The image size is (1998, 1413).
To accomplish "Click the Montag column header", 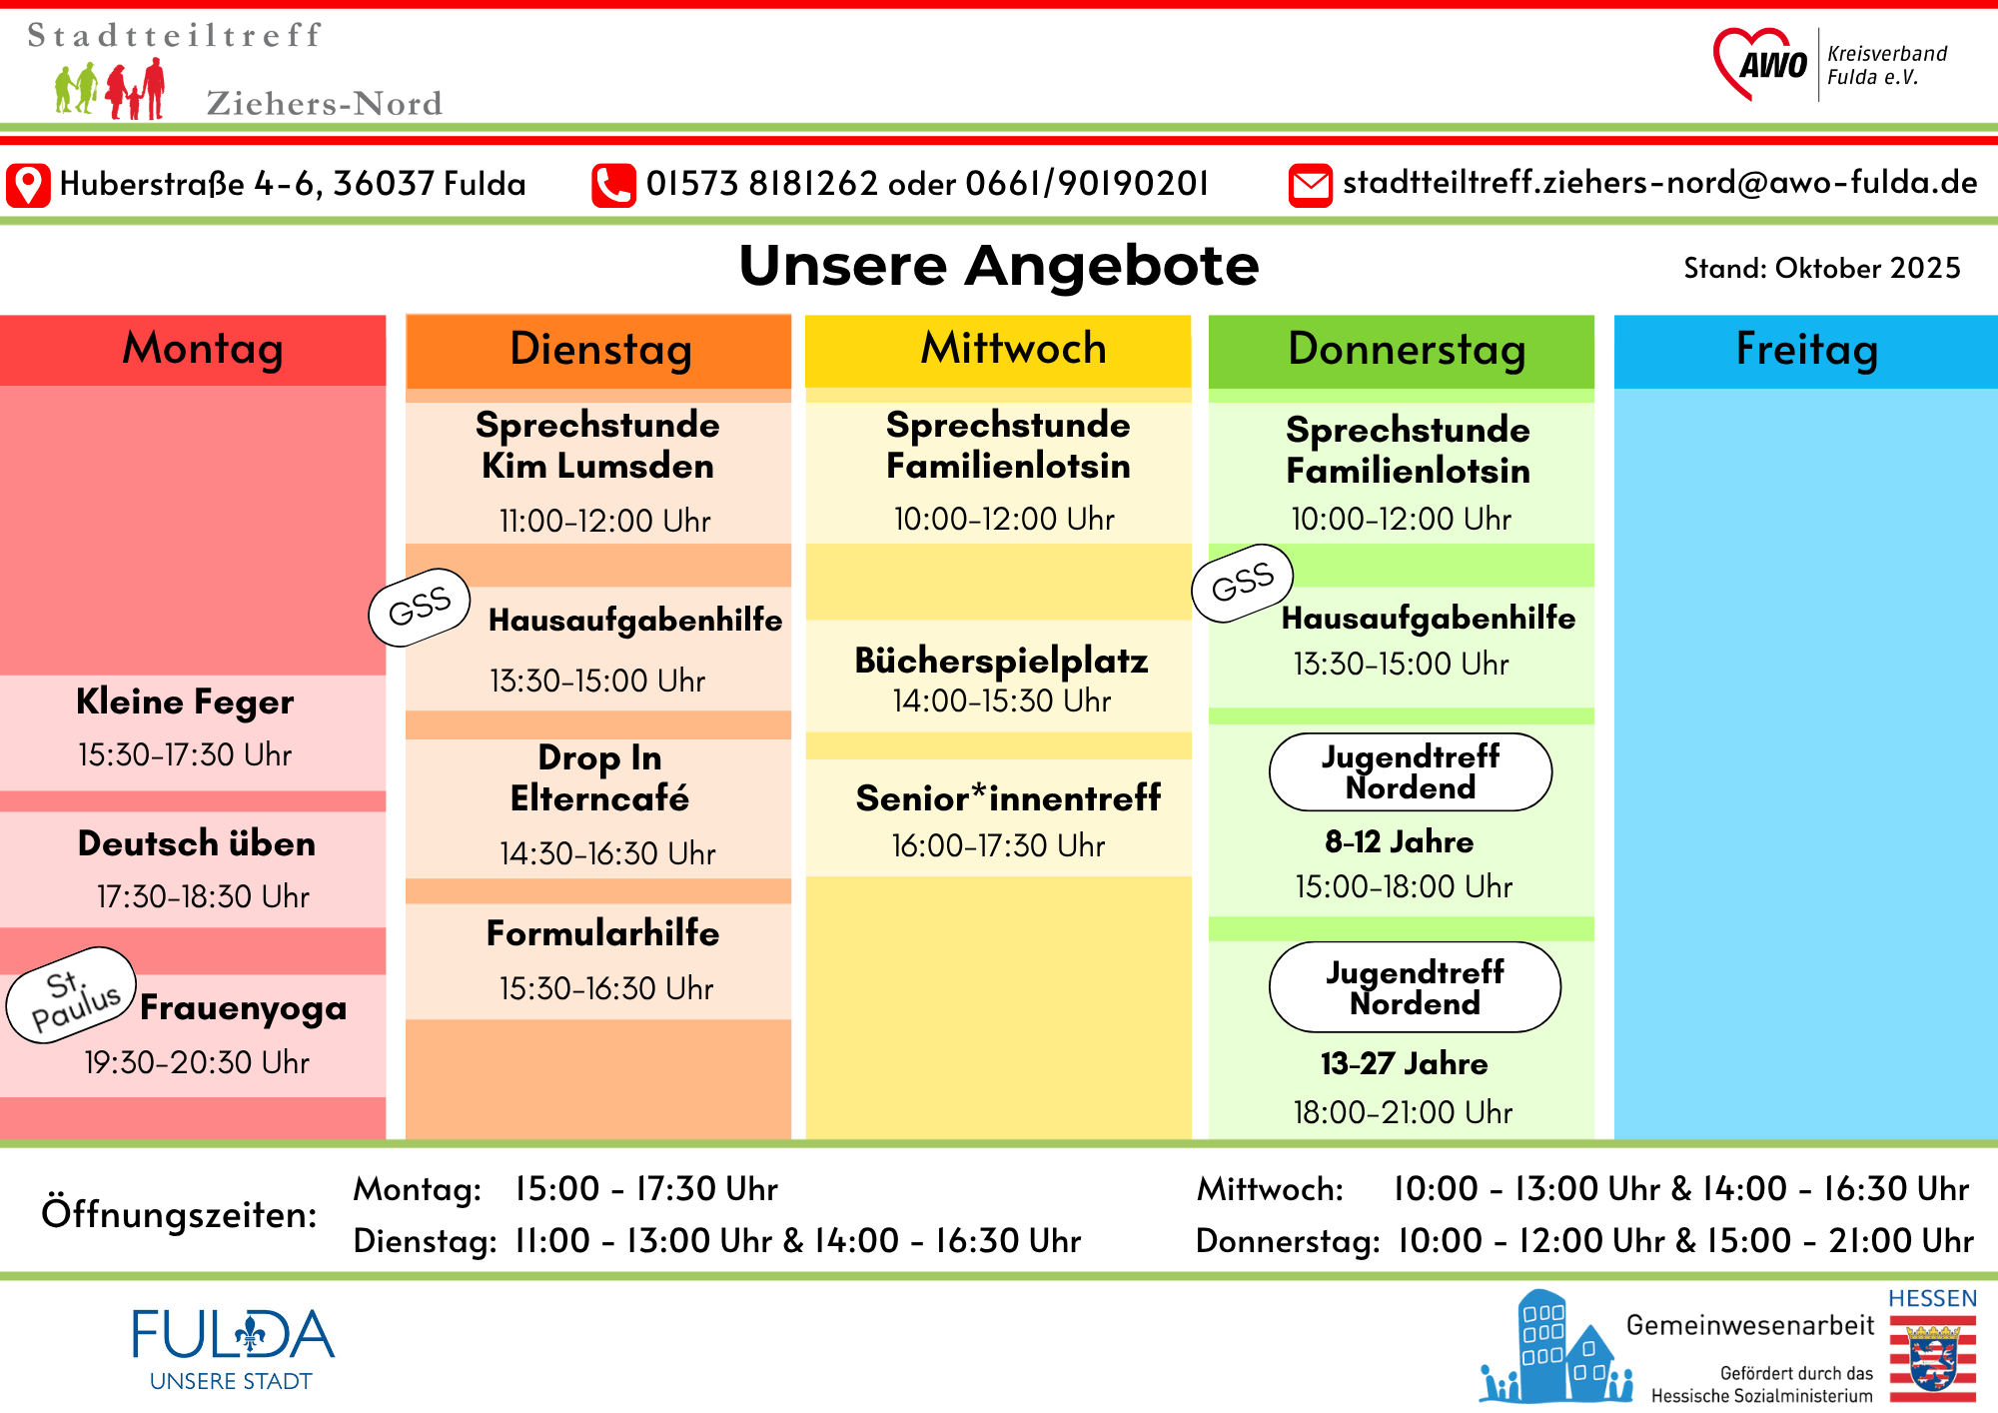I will [203, 350].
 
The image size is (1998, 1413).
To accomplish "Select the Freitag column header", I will [1806, 350].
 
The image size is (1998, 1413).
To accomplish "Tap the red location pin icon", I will [28, 186].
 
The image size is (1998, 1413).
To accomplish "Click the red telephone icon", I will [613, 186].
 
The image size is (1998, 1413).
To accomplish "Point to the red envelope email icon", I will [1310, 186].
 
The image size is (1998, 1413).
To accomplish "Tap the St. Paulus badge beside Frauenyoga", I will [72, 995].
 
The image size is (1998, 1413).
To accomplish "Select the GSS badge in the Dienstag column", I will [420, 607].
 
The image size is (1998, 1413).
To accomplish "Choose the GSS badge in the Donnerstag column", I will [1243, 583].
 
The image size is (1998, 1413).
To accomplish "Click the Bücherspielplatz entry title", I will [1001, 661].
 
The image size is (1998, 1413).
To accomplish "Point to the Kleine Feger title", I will [185, 702].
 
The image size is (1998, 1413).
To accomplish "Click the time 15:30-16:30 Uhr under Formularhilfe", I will [606, 988].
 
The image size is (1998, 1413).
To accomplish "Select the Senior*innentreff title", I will [1008, 797].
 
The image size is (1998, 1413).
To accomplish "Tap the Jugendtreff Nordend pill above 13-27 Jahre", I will [1415, 987].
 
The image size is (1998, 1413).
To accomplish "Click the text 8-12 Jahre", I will [1399, 841].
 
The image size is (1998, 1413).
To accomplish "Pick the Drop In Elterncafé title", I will [599, 777].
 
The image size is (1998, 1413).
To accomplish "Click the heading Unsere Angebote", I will [999, 266].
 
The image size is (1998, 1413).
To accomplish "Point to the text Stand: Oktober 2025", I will [1821, 268].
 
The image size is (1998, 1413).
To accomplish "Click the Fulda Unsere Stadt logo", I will [233, 1347].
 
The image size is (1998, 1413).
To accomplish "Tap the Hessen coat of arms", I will [1932, 1358].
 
